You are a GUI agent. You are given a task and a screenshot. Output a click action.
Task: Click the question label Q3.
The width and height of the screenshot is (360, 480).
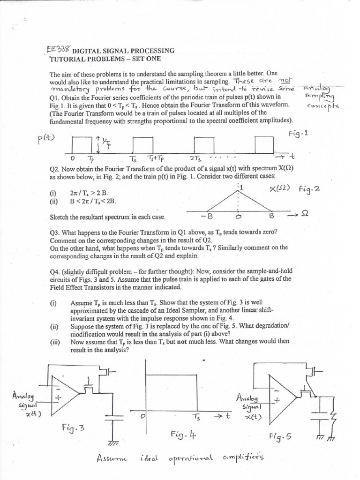click(x=55, y=232)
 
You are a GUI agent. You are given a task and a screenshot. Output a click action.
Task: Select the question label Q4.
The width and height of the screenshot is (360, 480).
click(x=55, y=271)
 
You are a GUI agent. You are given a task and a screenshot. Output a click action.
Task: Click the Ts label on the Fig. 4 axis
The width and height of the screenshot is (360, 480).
click(x=195, y=416)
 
